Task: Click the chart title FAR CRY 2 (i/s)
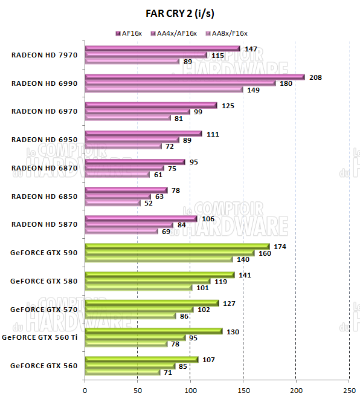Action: click(179, 13)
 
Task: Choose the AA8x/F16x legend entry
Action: click(227, 33)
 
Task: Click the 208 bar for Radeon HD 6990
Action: click(194, 77)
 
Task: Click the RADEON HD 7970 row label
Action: click(45, 55)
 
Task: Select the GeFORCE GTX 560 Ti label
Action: click(40, 337)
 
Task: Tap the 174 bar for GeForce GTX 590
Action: click(177, 246)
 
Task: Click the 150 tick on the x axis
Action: click(243, 389)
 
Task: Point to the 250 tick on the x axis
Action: click(349, 389)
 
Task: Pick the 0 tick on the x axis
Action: click(85, 389)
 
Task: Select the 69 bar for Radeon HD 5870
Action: click(121, 231)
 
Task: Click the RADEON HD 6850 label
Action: click(45, 196)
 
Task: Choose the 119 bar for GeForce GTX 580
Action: click(147, 281)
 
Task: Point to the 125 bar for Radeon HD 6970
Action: click(151, 105)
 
